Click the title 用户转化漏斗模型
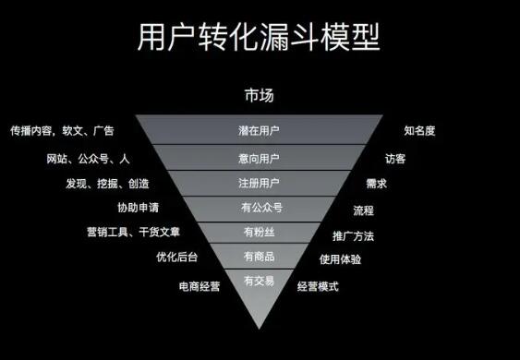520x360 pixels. click(x=259, y=37)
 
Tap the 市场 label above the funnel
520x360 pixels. click(x=260, y=95)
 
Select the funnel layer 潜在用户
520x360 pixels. click(x=259, y=129)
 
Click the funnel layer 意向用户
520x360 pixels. click(x=259, y=158)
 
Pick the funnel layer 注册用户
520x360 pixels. click(x=259, y=184)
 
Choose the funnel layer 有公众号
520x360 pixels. click(x=259, y=209)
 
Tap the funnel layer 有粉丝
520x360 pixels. click(x=259, y=233)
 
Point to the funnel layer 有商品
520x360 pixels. click(x=259, y=256)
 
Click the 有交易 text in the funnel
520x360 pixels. click(x=259, y=282)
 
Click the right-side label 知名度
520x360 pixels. click(x=419, y=130)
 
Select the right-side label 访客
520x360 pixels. click(x=395, y=159)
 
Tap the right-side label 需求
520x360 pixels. click(x=377, y=184)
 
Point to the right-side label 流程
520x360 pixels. click(x=364, y=210)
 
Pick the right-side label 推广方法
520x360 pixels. click(x=353, y=236)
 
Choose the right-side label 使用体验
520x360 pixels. click(x=340, y=259)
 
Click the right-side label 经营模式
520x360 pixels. click(x=318, y=286)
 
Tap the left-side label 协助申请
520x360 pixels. click(x=139, y=208)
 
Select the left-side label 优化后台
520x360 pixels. click(x=176, y=257)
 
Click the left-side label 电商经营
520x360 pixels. click(x=200, y=286)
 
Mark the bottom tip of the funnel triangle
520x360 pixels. click(x=259, y=330)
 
